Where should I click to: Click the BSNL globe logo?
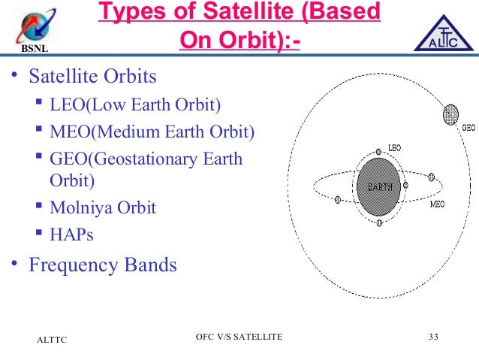(35, 26)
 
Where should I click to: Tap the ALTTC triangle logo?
(444, 34)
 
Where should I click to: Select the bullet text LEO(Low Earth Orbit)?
(135, 105)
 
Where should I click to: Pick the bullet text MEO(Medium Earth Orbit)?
(152, 132)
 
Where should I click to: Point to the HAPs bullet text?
(71, 234)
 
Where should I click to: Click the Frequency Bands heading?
(103, 265)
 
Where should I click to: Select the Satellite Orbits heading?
(92, 76)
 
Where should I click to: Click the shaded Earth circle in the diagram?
(379, 187)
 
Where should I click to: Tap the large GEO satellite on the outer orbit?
(450, 114)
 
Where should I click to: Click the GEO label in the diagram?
(468, 128)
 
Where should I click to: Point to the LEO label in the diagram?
(394, 148)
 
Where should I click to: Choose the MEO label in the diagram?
(438, 204)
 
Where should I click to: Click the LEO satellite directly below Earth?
(379, 222)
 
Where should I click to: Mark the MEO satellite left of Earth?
(338, 200)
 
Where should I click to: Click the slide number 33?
(433, 337)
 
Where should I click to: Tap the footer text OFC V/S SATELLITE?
(239, 337)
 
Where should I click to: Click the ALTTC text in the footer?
(52, 340)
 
